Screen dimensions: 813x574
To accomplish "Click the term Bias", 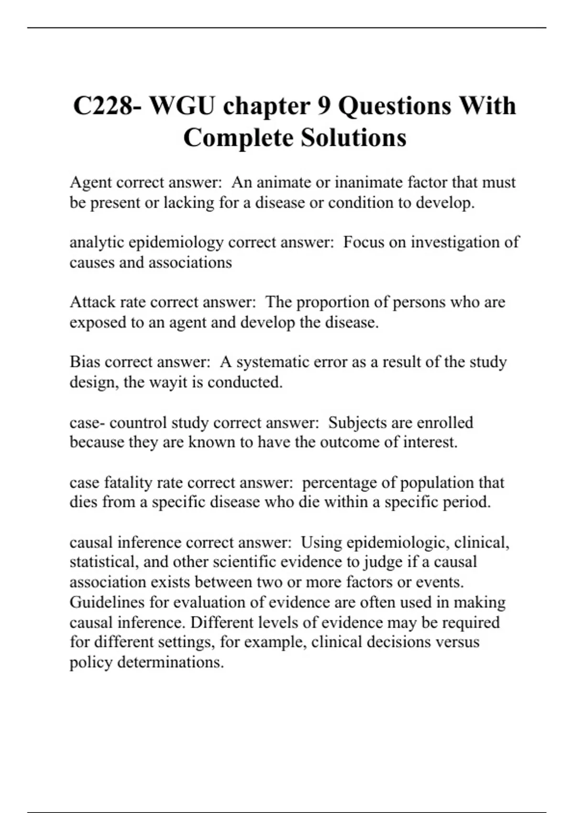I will coord(85,362).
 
